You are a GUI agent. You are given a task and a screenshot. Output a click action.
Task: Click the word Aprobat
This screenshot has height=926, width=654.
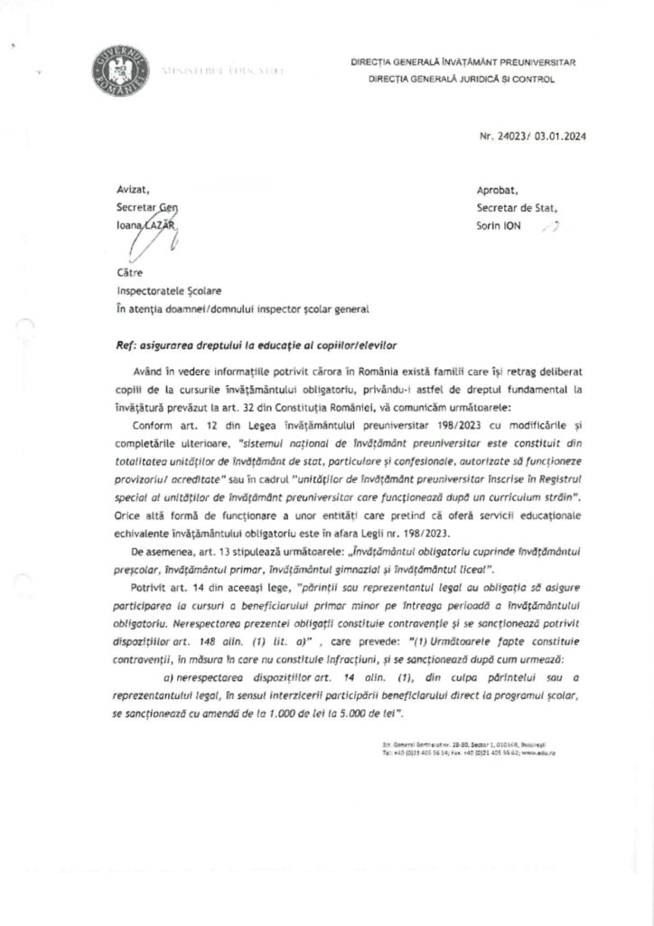[497, 190]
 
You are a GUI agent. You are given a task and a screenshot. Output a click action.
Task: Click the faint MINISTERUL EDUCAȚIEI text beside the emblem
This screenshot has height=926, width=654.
[221, 70]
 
